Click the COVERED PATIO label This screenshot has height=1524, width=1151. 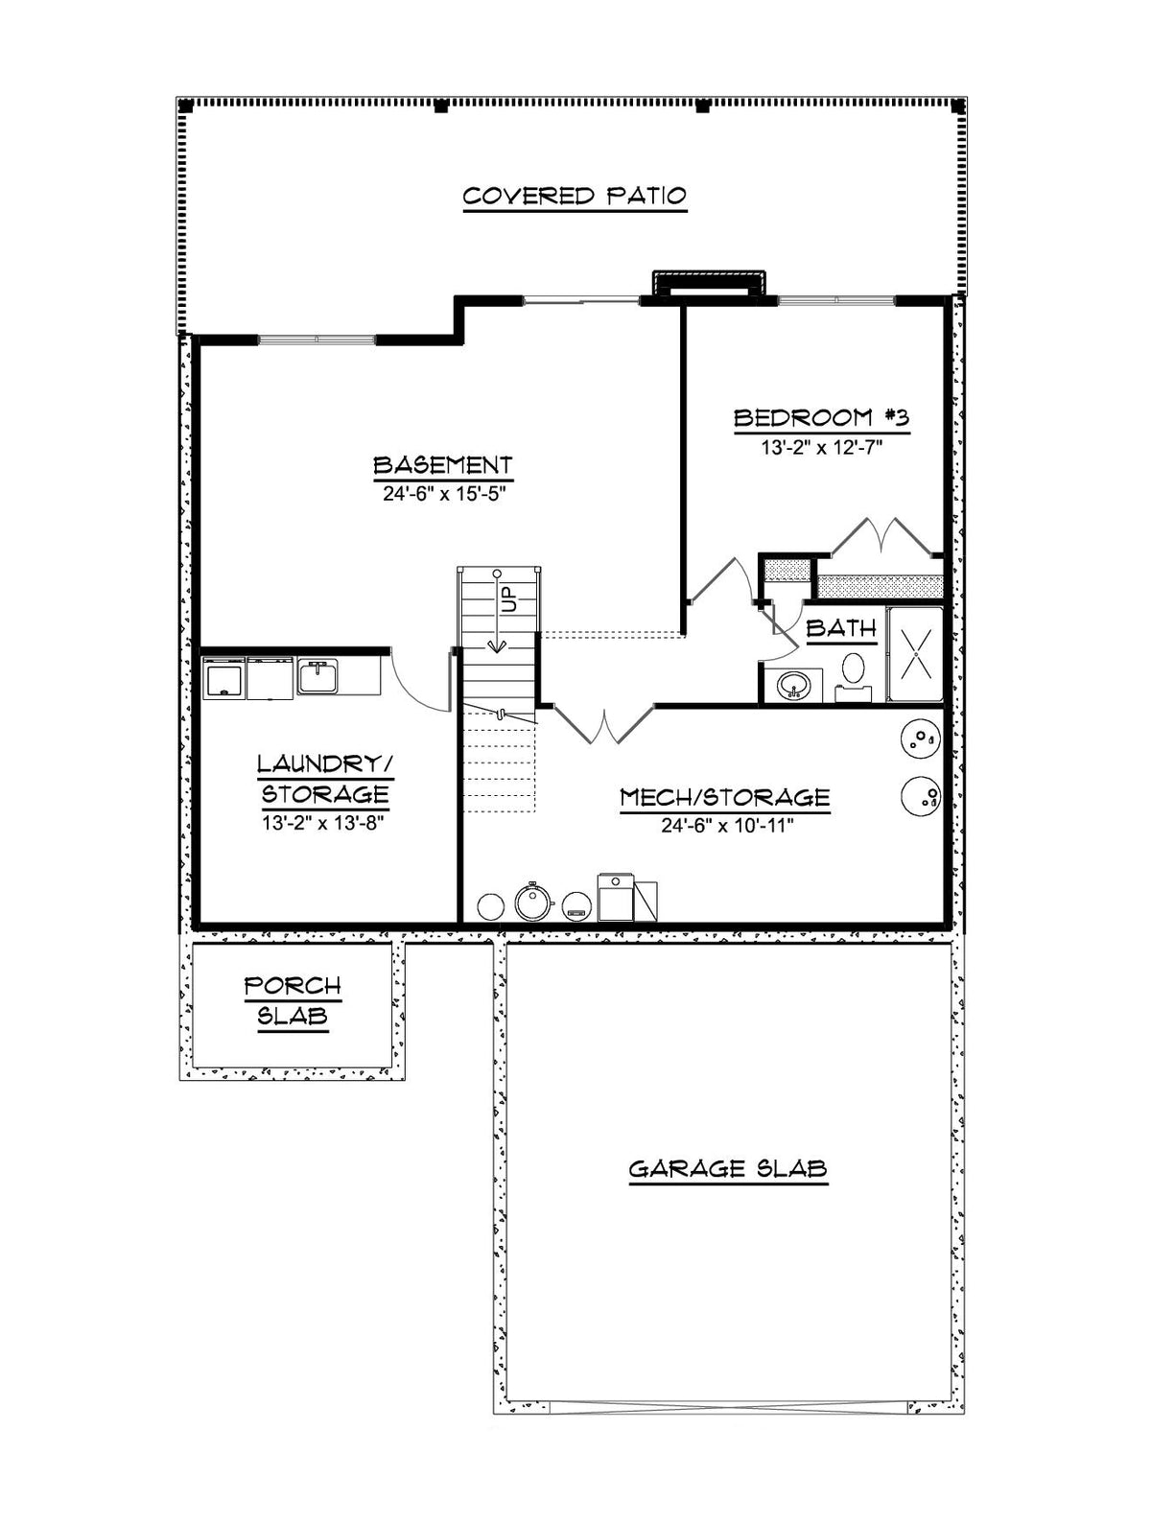pos(575,196)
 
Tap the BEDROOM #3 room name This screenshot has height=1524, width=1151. pos(821,418)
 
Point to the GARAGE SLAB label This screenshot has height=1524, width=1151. pos(728,1168)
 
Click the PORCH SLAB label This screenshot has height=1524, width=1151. pos(293,1000)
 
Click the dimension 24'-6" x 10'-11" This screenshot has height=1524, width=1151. pos(728,826)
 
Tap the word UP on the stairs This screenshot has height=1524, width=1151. pos(510,598)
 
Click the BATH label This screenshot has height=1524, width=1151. pos(840,629)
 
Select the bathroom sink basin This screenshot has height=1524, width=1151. pos(793,686)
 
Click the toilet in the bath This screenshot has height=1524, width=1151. pos(854,677)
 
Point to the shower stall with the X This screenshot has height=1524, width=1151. pos(915,655)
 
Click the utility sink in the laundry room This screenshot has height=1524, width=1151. pos(317,675)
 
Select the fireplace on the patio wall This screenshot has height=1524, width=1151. pos(709,286)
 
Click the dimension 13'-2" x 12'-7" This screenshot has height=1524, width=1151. pos(821,447)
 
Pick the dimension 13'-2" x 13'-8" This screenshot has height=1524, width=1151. pos(323,823)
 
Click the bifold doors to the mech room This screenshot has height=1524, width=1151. pos(604,725)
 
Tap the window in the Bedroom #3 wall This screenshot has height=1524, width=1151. pos(835,300)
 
